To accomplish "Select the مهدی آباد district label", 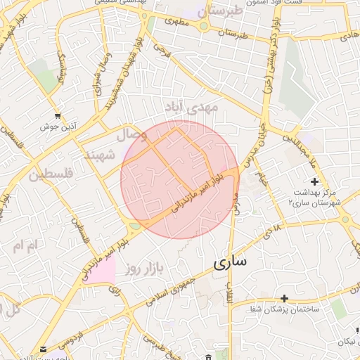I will click(191, 107).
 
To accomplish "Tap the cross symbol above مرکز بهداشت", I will click(314, 182).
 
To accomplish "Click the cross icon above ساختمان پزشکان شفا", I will click(284, 299).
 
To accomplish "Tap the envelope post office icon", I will click(44, 349).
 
